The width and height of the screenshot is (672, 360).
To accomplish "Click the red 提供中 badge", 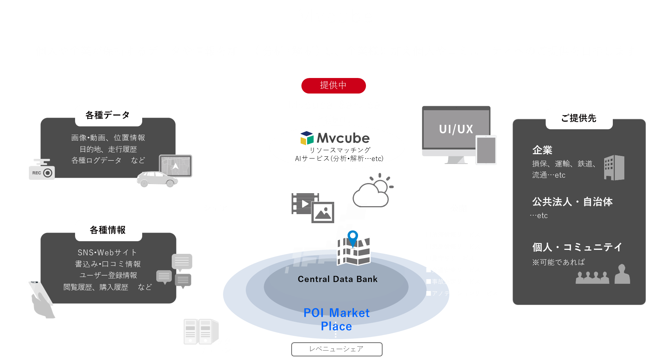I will (x=333, y=86).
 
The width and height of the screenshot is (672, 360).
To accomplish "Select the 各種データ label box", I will (x=108, y=116).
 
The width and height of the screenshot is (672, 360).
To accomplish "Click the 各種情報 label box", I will (x=108, y=230).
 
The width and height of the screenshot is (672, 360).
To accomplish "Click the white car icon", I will (x=157, y=179).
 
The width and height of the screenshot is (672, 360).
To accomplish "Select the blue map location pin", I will (x=353, y=238).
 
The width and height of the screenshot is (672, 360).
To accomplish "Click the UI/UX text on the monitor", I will (x=456, y=129).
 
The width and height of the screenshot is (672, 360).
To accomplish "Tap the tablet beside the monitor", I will (x=486, y=150).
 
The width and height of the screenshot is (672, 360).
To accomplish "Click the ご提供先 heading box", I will (x=579, y=118).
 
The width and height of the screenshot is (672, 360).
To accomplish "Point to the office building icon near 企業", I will (x=614, y=168).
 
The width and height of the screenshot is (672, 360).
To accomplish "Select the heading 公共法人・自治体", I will (x=572, y=202).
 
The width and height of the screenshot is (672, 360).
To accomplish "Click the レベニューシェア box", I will (x=336, y=349).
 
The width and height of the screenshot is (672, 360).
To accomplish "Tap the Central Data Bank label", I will (x=337, y=279).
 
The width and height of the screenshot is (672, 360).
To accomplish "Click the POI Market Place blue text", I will (x=336, y=319).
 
